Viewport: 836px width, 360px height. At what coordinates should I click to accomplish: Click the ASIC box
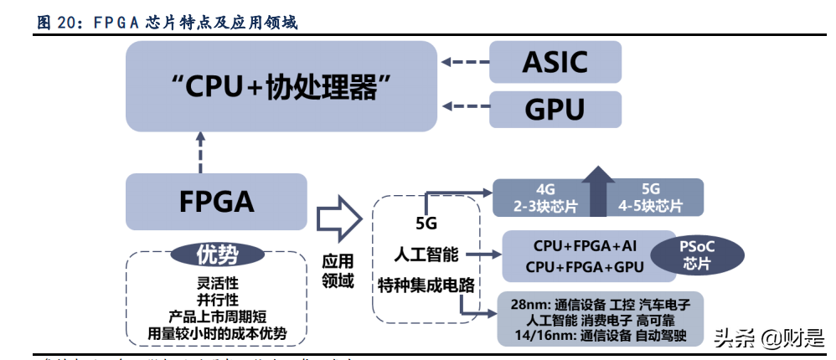555,63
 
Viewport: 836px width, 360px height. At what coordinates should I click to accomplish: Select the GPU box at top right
555,110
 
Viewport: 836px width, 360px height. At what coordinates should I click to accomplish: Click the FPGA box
216,202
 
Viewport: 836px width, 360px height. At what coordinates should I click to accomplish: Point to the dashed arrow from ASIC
463,61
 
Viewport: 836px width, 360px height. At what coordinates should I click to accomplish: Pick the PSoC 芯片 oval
697,255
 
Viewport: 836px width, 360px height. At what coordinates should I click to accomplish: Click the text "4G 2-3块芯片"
544,198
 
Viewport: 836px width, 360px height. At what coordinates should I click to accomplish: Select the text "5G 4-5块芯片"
650,198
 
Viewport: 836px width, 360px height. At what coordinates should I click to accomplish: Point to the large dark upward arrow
598,191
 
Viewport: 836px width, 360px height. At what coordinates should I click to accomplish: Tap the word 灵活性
217,281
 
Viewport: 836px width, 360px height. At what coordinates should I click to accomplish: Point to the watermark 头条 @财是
767,338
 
